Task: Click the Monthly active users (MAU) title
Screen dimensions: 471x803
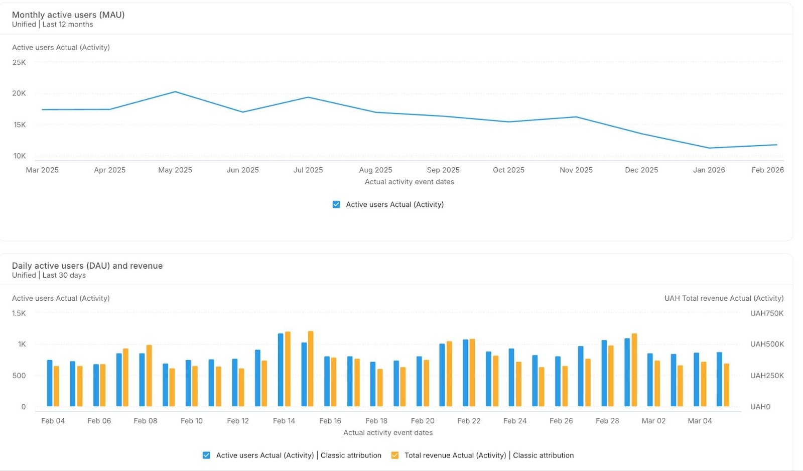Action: (68, 15)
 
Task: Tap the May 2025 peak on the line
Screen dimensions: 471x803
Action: (175, 92)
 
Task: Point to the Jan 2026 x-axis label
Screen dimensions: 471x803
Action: (709, 170)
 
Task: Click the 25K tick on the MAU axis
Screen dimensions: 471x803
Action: (19, 62)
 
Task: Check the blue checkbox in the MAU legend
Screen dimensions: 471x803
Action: (336, 204)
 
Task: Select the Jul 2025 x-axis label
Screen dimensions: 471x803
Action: (308, 170)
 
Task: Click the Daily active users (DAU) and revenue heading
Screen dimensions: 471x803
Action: (87, 266)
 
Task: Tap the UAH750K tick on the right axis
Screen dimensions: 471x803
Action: (766, 313)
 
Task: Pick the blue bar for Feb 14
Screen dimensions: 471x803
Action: (281, 370)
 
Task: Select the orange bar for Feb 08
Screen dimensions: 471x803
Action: (149, 376)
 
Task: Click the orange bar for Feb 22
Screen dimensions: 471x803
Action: (472, 373)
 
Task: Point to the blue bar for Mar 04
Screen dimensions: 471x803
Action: (697, 380)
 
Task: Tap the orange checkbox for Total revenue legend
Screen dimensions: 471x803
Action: (395, 455)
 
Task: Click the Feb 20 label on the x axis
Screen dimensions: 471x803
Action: (423, 421)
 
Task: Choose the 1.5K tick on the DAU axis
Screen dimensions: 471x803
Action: (19, 313)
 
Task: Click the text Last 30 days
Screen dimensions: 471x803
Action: (64, 275)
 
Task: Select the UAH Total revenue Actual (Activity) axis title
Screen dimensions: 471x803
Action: (724, 298)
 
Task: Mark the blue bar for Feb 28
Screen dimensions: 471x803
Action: (604, 374)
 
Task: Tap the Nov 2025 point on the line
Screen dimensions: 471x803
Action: (576, 117)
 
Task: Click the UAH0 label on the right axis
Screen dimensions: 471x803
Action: (760, 407)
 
